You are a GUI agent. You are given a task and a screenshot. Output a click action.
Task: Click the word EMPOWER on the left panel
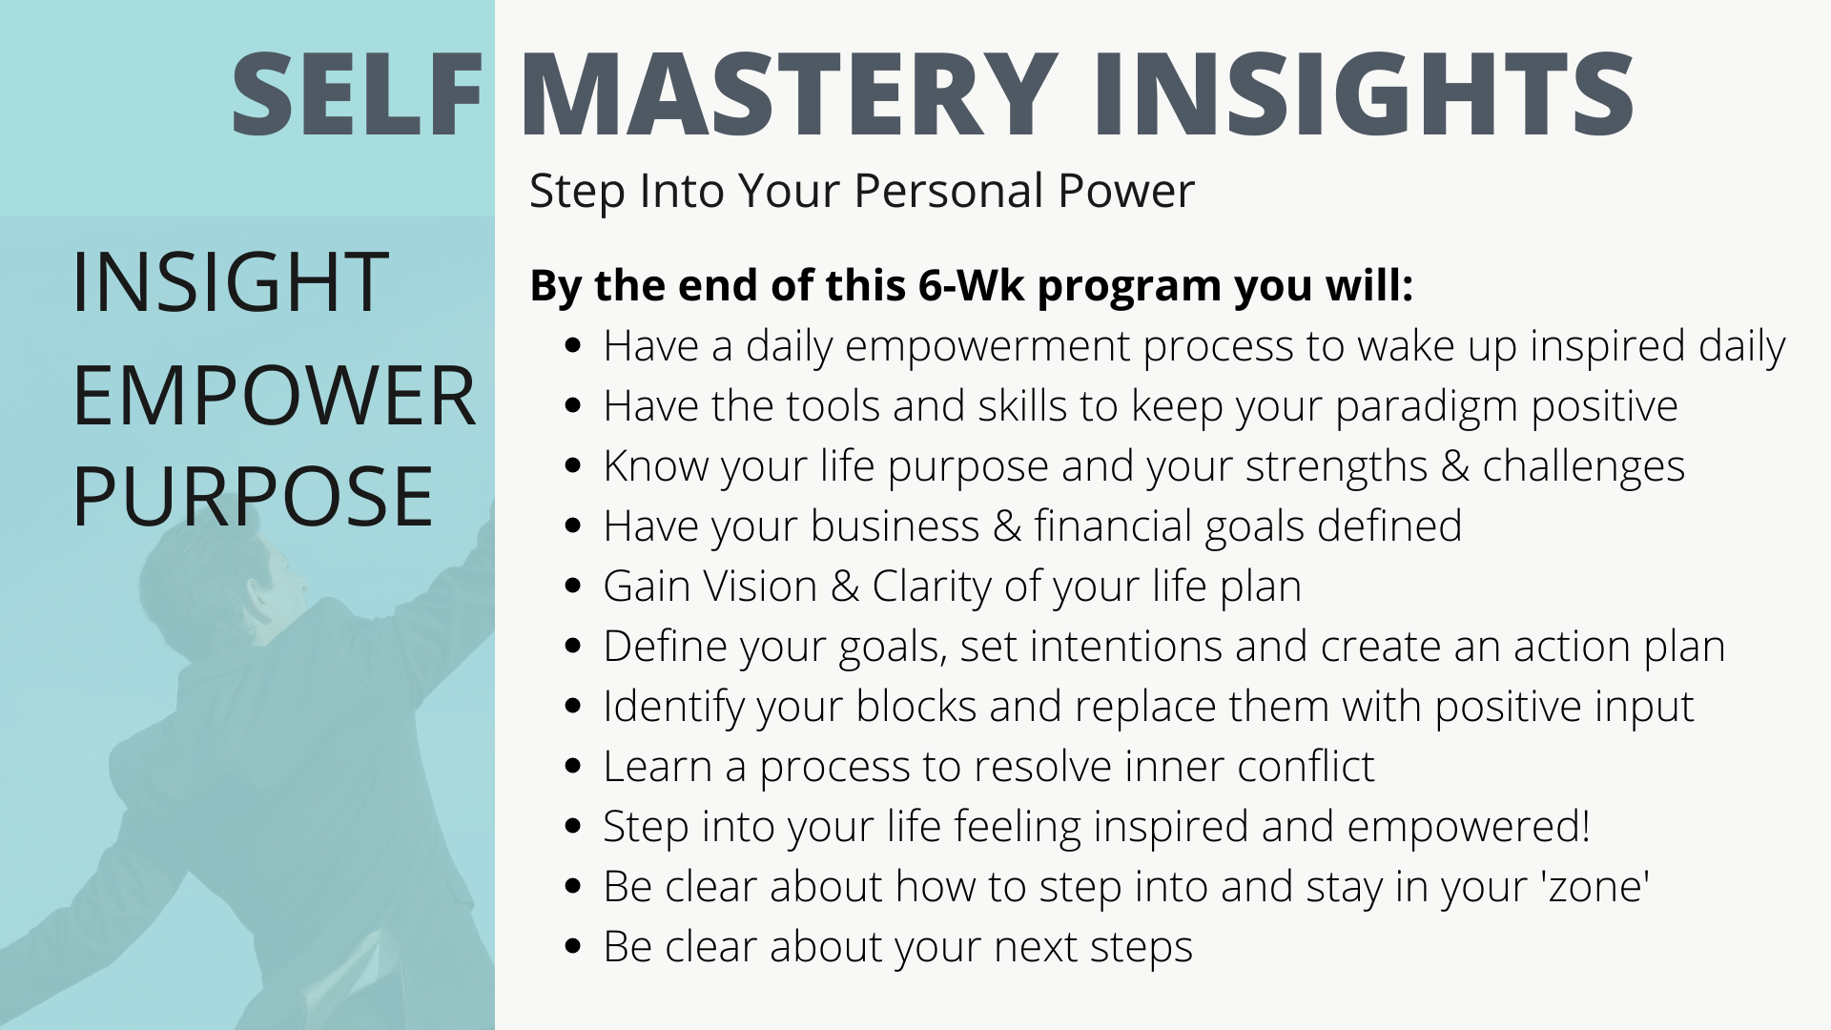tap(274, 396)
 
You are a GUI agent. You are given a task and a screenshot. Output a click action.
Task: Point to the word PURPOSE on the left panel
tap(253, 496)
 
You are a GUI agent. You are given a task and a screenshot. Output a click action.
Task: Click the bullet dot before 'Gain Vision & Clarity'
tap(573, 586)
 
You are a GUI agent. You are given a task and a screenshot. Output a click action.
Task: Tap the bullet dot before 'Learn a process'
tap(573, 766)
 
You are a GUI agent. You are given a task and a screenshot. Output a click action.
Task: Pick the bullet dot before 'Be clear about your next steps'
tap(573, 946)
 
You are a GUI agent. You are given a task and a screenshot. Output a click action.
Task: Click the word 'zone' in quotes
tap(1594, 887)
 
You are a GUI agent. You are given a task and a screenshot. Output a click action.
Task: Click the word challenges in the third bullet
tap(1583, 467)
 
